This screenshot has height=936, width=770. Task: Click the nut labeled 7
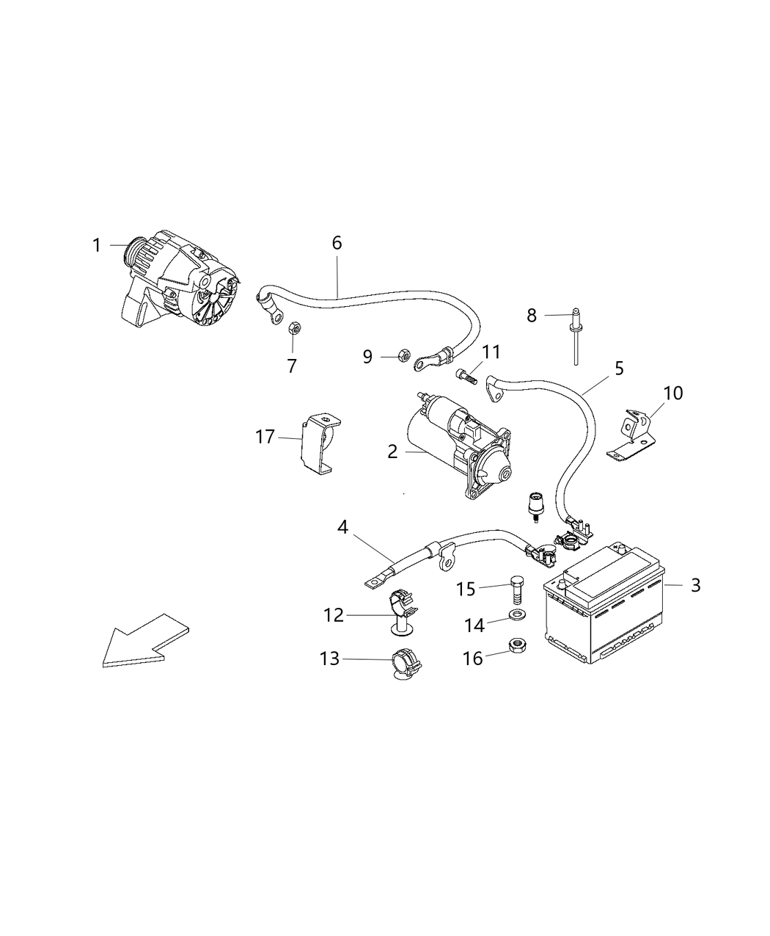click(291, 328)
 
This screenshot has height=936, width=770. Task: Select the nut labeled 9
click(403, 356)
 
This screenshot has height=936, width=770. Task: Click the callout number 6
click(337, 243)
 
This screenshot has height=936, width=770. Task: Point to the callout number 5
click(619, 368)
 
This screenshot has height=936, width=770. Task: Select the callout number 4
click(342, 526)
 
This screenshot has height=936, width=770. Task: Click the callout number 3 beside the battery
click(695, 585)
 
